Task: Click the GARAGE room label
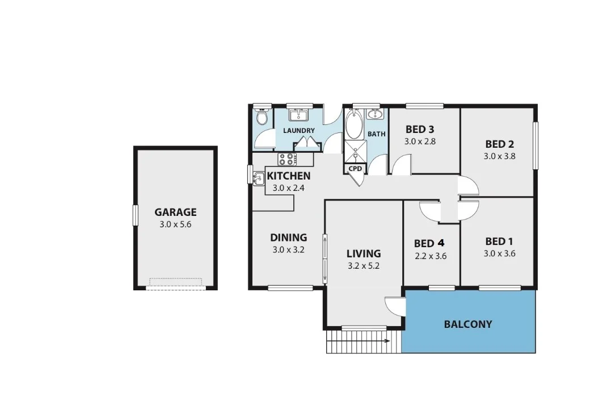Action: pos(175,212)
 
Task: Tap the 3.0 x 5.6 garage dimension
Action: pos(175,224)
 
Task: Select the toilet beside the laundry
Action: pos(262,118)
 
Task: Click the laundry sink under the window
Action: pos(298,116)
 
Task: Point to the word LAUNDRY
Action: pos(298,131)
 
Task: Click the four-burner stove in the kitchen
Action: pos(286,159)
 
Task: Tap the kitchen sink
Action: pos(258,178)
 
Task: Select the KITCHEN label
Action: pos(289,176)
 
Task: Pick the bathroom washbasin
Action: pos(374,115)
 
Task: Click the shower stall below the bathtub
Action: pos(355,152)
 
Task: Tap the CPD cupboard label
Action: pos(355,169)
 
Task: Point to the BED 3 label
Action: pos(420,129)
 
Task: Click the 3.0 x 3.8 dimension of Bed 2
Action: pos(499,156)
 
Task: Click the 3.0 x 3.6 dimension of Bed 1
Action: pos(499,254)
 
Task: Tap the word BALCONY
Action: pos(467,324)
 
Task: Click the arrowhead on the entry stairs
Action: pos(387,341)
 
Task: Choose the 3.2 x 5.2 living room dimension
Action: pos(363,265)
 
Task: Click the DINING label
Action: pos(288,238)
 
